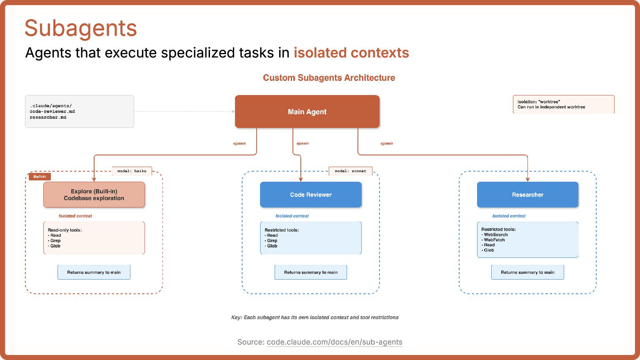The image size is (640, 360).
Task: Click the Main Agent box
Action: (x=307, y=112)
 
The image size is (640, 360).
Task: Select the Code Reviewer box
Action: (x=311, y=195)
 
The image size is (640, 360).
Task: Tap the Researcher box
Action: (x=527, y=195)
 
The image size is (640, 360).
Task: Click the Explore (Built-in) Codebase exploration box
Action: (x=94, y=195)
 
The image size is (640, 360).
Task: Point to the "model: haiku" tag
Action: (x=132, y=171)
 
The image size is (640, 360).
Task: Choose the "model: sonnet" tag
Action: (x=350, y=171)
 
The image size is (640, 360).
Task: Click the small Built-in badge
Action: (x=40, y=177)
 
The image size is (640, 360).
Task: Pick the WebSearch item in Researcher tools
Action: (x=496, y=235)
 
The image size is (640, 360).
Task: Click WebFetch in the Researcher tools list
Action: (x=494, y=240)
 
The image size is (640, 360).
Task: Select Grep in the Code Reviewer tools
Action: (x=272, y=241)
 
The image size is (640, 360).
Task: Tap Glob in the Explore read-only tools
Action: (x=55, y=246)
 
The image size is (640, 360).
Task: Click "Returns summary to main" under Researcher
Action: (x=527, y=272)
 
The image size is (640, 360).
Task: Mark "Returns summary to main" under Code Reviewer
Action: (x=311, y=272)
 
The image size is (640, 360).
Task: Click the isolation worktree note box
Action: (x=563, y=104)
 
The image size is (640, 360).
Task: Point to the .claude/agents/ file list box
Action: (x=80, y=111)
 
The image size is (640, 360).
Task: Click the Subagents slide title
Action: (x=81, y=28)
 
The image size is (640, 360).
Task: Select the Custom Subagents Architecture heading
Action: (x=329, y=78)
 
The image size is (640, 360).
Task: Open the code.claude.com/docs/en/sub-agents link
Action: (x=335, y=342)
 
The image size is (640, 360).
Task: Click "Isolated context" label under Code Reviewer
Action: (x=292, y=216)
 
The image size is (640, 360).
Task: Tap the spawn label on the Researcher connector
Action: (x=387, y=143)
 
